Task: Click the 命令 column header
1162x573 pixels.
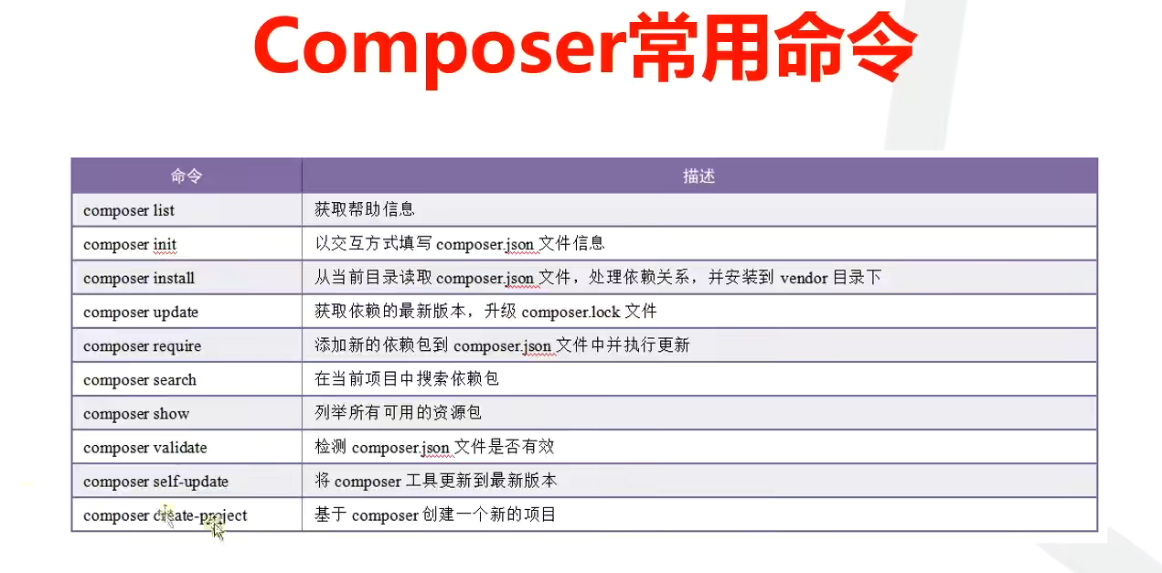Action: click(x=187, y=176)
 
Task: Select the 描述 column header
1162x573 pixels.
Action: click(x=698, y=176)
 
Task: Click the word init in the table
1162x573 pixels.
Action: click(x=165, y=244)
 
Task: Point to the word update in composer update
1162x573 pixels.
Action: click(x=176, y=313)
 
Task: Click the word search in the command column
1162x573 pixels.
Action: click(x=175, y=380)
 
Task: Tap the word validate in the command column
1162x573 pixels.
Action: click(x=180, y=448)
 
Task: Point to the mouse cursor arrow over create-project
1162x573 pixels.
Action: click(x=219, y=530)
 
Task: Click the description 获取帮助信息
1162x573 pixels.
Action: click(x=364, y=209)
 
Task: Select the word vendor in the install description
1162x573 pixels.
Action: click(x=804, y=279)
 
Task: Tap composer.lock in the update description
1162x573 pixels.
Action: click(x=570, y=313)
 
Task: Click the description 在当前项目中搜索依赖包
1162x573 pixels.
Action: click(x=406, y=379)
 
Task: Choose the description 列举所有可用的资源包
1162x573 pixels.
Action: click(x=398, y=413)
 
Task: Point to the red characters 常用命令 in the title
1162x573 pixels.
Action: click(x=773, y=47)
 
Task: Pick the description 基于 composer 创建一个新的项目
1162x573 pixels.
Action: click(x=434, y=515)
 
